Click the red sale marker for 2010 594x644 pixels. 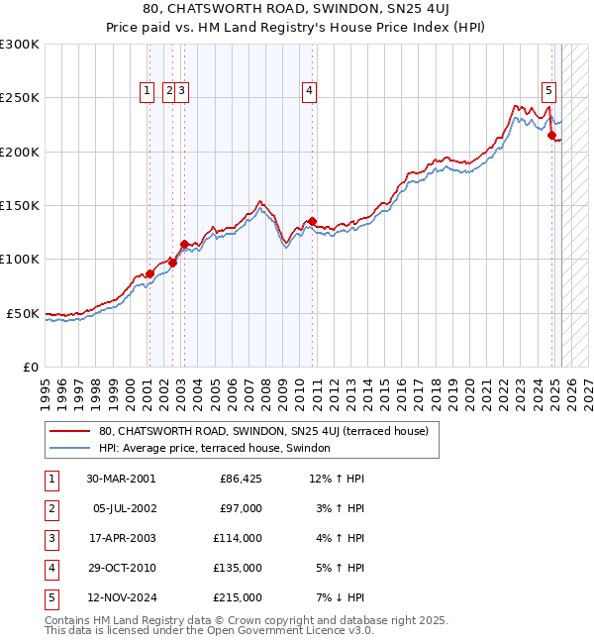point(312,221)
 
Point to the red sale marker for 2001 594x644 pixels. point(149,273)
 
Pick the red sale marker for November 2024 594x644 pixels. point(551,136)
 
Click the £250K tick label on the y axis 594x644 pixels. point(20,98)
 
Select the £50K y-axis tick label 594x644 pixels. point(24,313)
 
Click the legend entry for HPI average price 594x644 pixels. point(219,449)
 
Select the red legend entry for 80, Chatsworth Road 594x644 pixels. point(262,431)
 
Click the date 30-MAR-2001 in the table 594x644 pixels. point(121,479)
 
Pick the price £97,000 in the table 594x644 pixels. point(241,508)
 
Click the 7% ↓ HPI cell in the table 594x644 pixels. point(339,597)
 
